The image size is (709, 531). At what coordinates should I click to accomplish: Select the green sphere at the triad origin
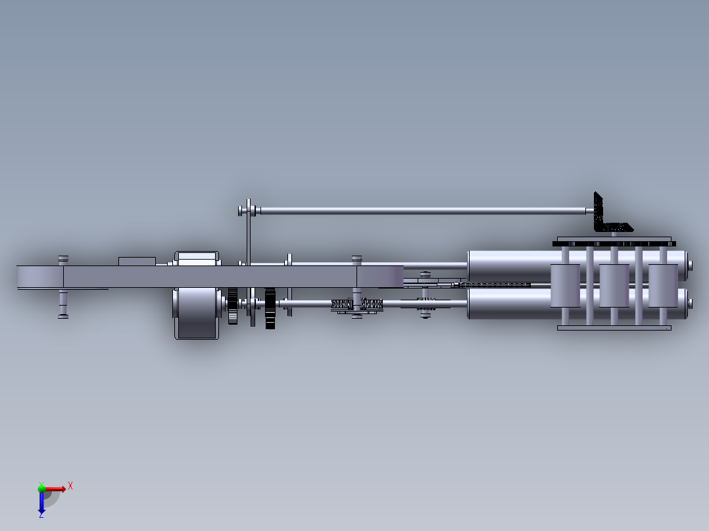click(x=41, y=488)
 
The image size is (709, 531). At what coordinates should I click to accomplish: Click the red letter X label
click(x=70, y=486)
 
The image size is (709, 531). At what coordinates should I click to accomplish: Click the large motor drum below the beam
click(x=196, y=313)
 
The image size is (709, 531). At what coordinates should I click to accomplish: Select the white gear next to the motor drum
click(x=233, y=306)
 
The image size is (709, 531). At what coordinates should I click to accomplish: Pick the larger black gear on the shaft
click(x=270, y=308)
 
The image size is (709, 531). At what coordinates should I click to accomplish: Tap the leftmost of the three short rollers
click(x=565, y=286)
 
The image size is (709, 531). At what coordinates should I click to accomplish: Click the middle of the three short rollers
click(x=614, y=286)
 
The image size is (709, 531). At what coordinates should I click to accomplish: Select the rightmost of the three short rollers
click(x=663, y=286)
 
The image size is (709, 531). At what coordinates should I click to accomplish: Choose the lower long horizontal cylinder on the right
click(x=506, y=304)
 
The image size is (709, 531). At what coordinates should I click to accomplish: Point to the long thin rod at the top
click(x=421, y=211)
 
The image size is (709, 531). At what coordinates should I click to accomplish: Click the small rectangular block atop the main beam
click(x=137, y=261)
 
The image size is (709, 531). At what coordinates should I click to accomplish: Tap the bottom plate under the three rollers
click(x=614, y=327)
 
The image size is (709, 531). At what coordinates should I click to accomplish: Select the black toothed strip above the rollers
click(x=614, y=244)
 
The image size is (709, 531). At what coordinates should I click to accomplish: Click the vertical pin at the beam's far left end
click(x=63, y=302)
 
